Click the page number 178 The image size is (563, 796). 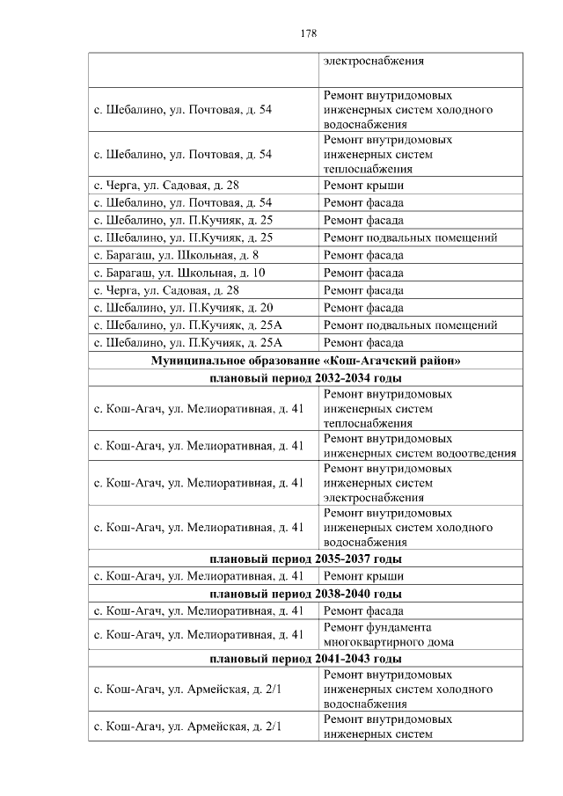click(307, 33)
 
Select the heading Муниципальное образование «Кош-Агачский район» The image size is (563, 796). click(305, 361)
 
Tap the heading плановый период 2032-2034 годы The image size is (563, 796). click(305, 378)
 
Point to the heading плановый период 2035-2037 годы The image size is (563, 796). click(305, 559)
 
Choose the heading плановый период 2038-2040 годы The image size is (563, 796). click(305, 594)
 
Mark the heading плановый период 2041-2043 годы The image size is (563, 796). click(305, 658)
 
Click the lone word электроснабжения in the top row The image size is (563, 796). click(374, 62)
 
